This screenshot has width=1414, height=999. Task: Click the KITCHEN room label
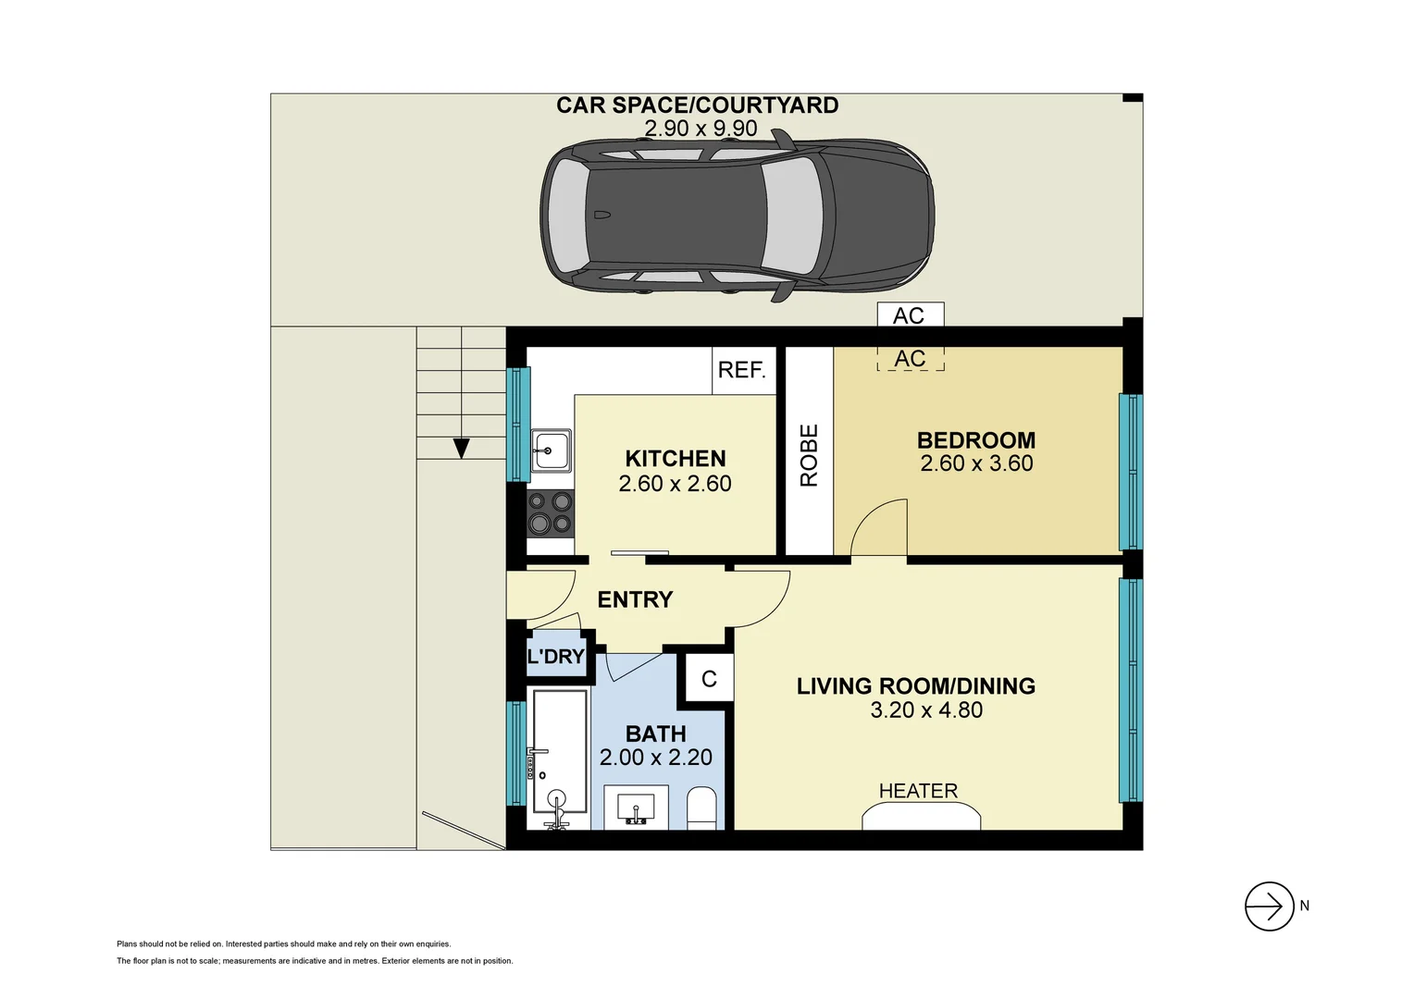[675, 459]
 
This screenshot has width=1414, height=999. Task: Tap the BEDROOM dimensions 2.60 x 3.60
[976, 464]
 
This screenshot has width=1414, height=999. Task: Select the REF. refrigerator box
[742, 370]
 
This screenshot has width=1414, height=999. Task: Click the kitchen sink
[551, 450]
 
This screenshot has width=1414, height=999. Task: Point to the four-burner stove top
[550, 513]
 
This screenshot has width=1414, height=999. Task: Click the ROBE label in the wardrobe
[809, 455]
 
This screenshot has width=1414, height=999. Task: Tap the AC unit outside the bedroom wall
[910, 315]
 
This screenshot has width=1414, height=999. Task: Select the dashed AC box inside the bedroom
[911, 359]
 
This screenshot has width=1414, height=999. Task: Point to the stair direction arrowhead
[461, 449]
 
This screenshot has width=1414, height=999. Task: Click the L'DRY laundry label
[555, 657]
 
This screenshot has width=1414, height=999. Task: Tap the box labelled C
[709, 679]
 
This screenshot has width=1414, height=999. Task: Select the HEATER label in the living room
[918, 791]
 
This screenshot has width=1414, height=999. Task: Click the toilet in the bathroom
[702, 808]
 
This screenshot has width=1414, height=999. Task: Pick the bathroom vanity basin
[636, 807]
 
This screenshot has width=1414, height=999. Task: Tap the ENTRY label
[635, 600]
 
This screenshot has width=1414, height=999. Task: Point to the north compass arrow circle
[1269, 906]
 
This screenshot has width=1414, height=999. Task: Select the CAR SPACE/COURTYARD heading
[697, 105]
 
